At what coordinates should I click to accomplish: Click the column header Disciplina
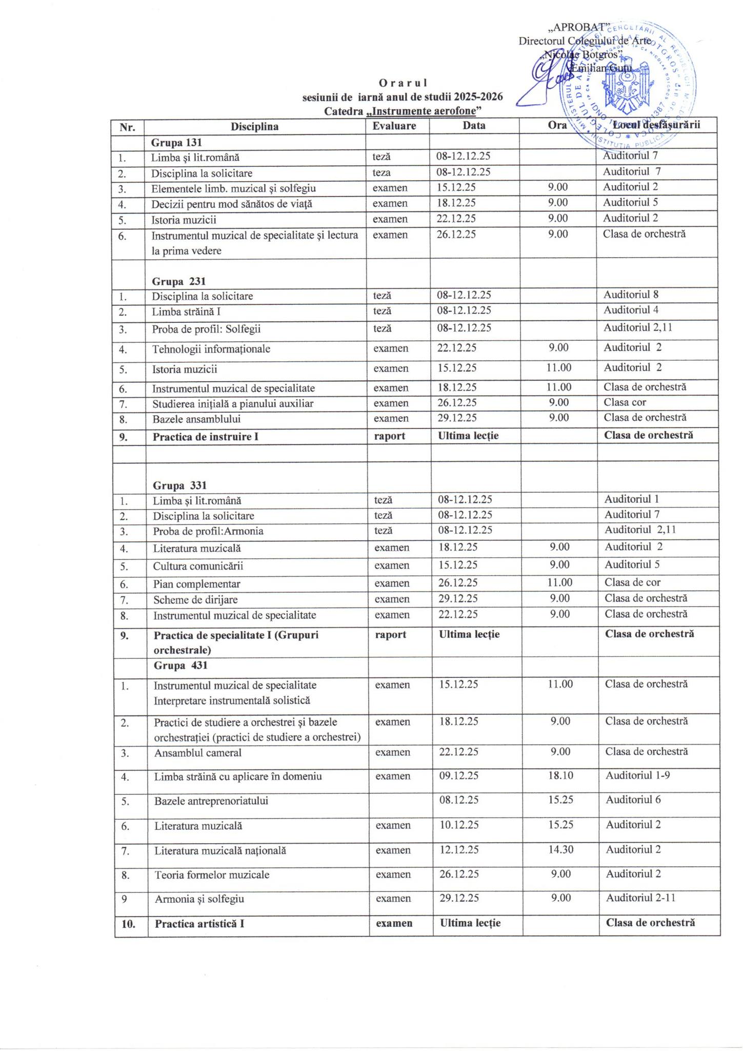[254, 126]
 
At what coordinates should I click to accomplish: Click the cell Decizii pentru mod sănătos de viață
[232, 204]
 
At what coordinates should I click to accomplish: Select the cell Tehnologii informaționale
[211, 349]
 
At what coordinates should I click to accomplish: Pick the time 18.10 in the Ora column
[560, 775]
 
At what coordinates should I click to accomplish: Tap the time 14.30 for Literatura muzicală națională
[560, 850]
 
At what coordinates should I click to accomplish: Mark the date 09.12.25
[459, 775]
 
